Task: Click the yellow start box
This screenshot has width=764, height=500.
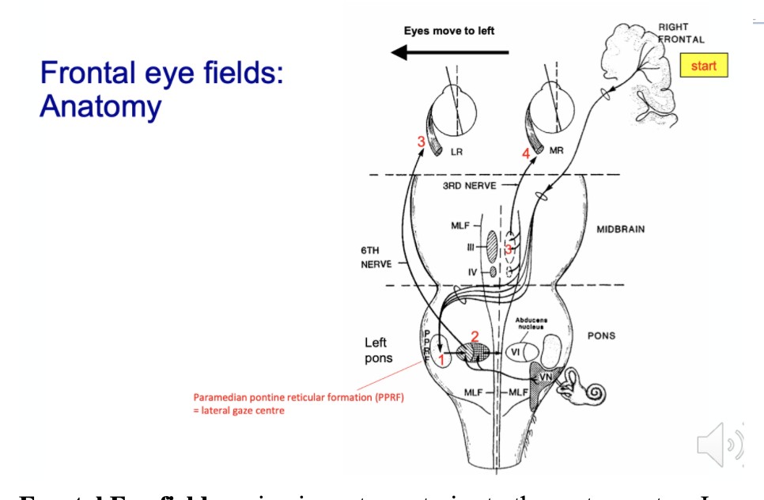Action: (703, 66)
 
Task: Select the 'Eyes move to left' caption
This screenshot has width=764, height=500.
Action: (448, 31)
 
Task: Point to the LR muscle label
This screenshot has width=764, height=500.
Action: (456, 151)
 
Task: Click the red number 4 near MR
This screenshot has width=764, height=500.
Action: (526, 153)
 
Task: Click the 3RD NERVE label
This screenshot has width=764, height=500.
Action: (470, 185)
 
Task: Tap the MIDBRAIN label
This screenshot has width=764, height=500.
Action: (620, 229)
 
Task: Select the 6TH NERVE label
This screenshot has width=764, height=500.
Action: (376, 256)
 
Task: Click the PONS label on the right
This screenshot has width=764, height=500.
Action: (601, 335)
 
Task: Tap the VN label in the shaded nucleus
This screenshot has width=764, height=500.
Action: (546, 379)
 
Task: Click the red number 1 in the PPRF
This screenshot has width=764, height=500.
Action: (441, 360)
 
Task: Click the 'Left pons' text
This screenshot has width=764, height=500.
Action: (378, 350)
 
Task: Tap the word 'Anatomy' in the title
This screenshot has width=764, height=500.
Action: (100, 105)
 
